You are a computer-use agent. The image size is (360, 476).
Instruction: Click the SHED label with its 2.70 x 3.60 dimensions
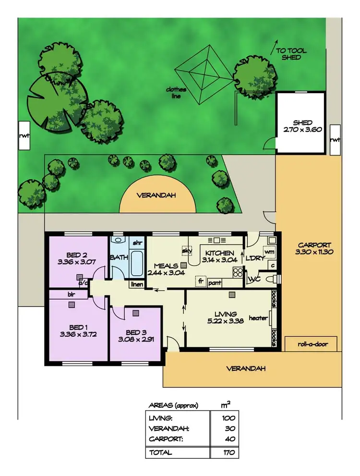pos(300,126)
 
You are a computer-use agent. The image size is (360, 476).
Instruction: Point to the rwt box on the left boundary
pos(24,136)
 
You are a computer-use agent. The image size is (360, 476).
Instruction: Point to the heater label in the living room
pos(258,318)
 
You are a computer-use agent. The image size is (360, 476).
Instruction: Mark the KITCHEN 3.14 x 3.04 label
pos(219,256)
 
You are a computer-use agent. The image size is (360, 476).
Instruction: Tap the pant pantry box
pos(215,283)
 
